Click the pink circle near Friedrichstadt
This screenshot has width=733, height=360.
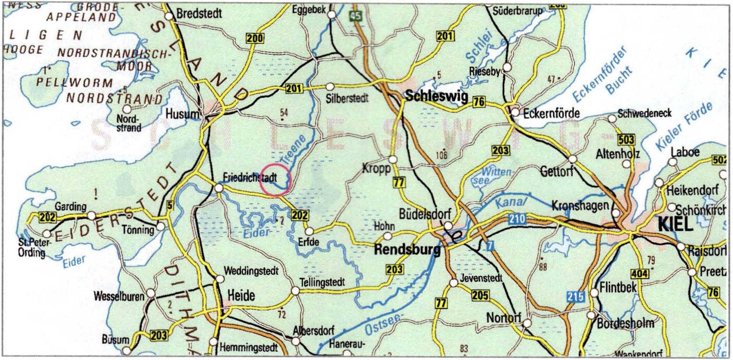coord(275,180)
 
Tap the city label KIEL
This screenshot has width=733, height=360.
coord(675,224)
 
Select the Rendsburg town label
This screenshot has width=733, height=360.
coord(407,250)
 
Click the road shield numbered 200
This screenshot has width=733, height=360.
coord(255,38)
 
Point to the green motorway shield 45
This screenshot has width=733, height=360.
coord(356,16)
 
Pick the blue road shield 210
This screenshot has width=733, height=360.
coord(517,219)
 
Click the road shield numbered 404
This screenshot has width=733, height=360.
coord(640,273)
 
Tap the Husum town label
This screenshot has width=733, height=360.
coord(182,114)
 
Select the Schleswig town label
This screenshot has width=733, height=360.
coord(437,96)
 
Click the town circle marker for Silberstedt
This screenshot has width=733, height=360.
coord(330,87)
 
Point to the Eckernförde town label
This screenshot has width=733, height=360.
coord(551,113)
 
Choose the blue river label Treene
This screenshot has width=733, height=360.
coord(293,150)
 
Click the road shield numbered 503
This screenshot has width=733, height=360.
coord(626,139)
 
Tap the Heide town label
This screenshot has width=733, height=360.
coord(241,295)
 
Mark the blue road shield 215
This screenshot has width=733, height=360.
coord(575,297)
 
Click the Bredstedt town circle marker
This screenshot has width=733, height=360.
coord(169,16)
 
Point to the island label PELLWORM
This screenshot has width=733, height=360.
coord(75,82)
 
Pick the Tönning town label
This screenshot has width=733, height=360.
coord(138,230)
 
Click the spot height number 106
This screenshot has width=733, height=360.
coord(442,155)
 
